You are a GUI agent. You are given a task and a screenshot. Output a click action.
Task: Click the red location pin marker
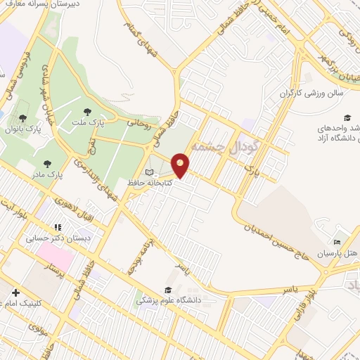[181, 165]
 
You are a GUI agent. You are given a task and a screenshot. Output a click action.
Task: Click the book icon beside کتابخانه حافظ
[148, 172]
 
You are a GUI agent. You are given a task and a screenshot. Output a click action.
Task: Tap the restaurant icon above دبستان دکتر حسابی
[58, 227]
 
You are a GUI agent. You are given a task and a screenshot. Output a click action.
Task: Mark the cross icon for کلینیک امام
[15, 292]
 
